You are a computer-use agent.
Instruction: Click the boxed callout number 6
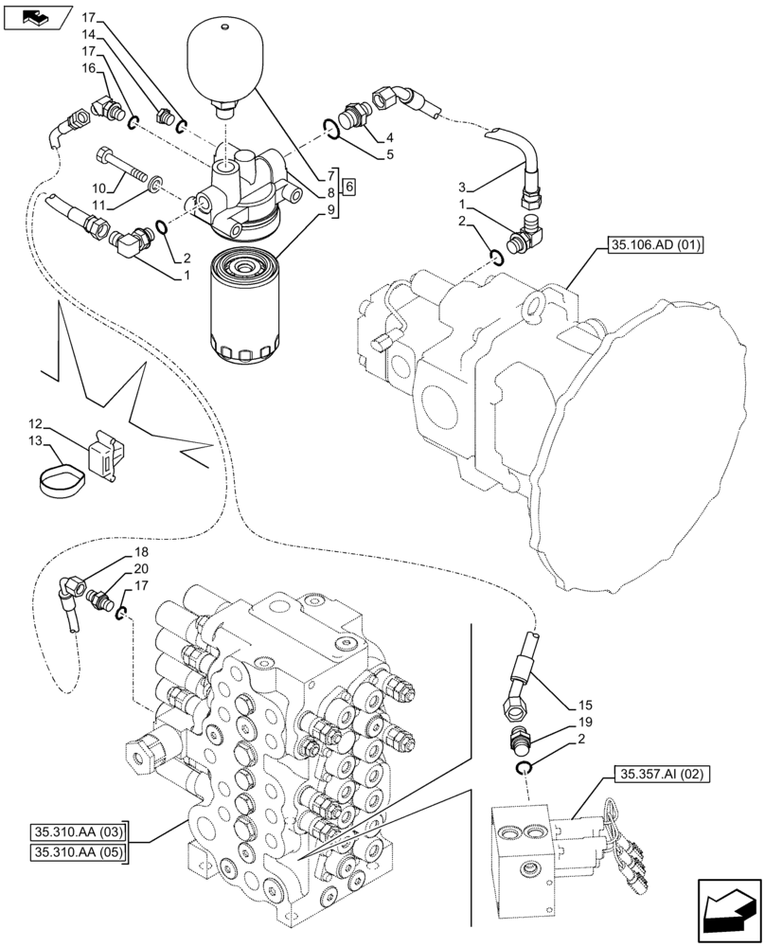[350, 187]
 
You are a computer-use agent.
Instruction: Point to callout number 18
[141, 552]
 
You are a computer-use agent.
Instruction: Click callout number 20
[141, 568]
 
